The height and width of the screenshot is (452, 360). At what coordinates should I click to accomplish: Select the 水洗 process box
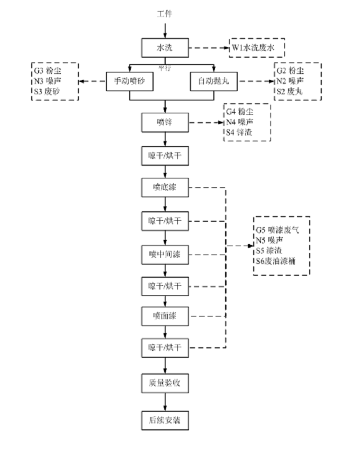pyautogui.click(x=165, y=48)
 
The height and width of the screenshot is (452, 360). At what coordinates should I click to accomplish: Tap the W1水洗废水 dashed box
pyautogui.click(x=257, y=48)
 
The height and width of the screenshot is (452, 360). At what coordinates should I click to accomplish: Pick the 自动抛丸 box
pyautogui.click(x=214, y=82)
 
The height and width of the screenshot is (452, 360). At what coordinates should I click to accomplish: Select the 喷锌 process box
pyautogui.click(x=165, y=122)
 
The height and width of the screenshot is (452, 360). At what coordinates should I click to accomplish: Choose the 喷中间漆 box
pyautogui.click(x=165, y=255)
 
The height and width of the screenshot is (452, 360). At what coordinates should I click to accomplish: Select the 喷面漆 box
pyautogui.click(x=165, y=316)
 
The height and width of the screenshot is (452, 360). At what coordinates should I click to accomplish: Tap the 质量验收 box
pyautogui.click(x=165, y=382)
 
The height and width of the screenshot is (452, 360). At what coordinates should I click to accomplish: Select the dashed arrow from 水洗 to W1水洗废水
pyautogui.click(x=208, y=48)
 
